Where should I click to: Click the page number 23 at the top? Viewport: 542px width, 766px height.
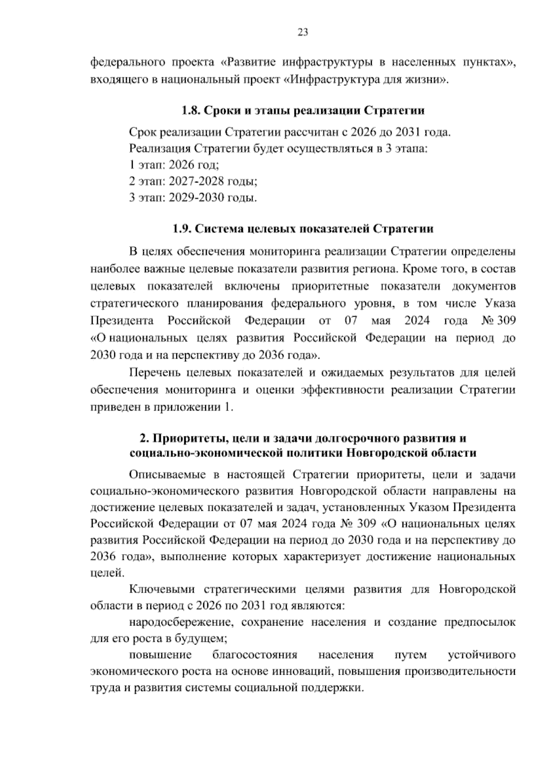click(303, 32)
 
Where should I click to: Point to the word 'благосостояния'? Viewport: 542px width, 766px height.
click(254, 655)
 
